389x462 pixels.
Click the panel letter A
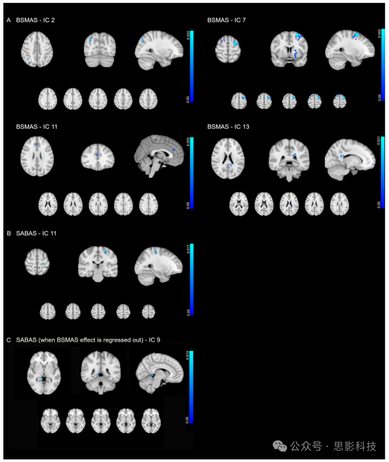point(9,20)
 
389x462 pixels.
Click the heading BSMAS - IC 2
point(35,20)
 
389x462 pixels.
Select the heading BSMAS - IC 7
point(226,20)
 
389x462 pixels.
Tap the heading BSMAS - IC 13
point(228,127)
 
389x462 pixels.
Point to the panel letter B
point(9,234)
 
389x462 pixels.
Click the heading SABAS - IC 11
point(36,234)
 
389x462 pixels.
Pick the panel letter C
point(9,340)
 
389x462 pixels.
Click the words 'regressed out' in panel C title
point(125,340)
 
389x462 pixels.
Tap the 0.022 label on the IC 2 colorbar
point(188,35)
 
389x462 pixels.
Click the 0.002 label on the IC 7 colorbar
point(379,34)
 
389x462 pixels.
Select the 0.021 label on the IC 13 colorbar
point(379,141)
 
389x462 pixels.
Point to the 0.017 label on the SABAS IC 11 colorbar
point(188,249)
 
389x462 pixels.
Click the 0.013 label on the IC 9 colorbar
point(187,355)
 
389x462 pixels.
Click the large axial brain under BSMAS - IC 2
point(37,49)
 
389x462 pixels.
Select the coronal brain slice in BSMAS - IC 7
point(289,49)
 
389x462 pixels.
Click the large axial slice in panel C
point(44,373)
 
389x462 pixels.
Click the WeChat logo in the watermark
point(280,446)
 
